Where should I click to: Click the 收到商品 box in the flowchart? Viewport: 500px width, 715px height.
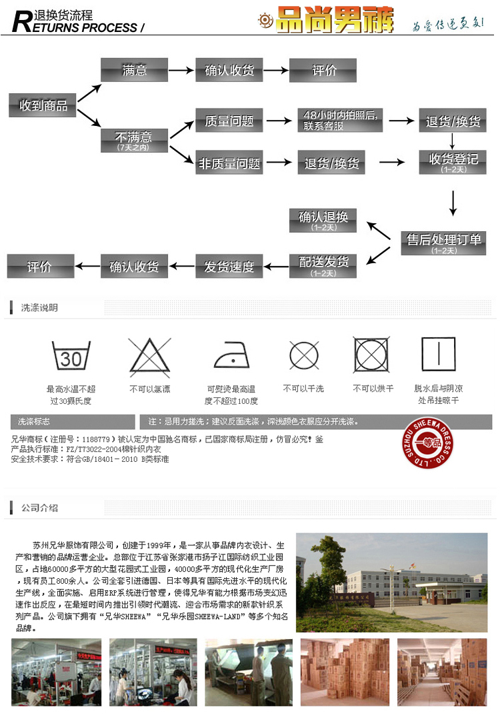pyautogui.click(x=43, y=105)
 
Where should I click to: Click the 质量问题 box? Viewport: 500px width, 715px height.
pyautogui.click(x=229, y=121)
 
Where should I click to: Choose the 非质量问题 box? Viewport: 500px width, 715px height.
pyautogui.click(x=229, y=163)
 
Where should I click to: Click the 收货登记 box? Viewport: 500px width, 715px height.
pyautogui.click(x=453, y=162)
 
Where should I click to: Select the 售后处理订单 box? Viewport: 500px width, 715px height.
pyautogui.click(x=444, y=243)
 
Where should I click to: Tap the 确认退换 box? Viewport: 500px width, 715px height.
pyautogui.click(x=323, y=220)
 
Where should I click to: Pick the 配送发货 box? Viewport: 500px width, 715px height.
pyautogui.click(x=323, y=266)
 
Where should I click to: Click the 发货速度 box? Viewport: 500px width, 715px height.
pyautogui.click(x=229, y=267)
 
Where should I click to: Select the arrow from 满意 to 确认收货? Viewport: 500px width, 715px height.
pyautogui.click(x=181, y=70)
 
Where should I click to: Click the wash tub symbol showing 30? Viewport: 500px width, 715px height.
pyautogui.click(x=71, y=357)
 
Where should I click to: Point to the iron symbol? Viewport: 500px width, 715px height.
pyautogui.click(x=231, y=358)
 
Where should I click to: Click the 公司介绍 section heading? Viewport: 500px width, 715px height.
pyautogui.click(x=39, y=508)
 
